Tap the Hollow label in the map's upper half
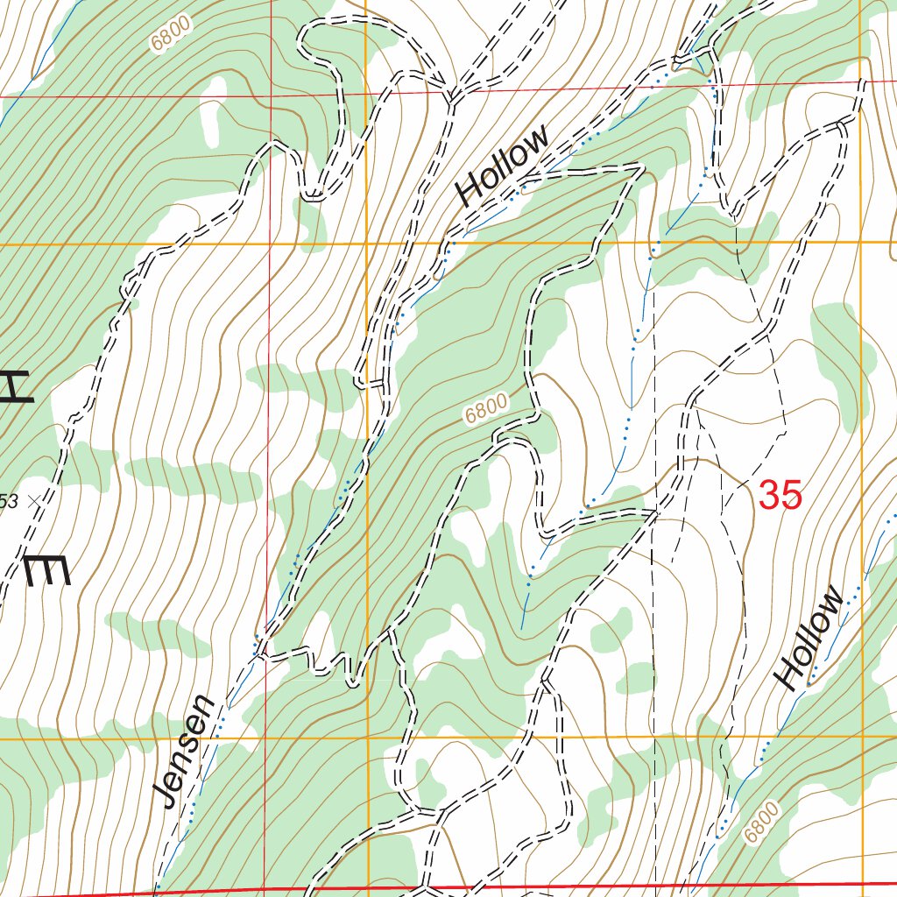tap(503, 164)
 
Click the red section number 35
tap(780, 496)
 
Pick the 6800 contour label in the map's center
tap(486, 409)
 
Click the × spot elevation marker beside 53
tap(34, 501)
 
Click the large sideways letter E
tap(46, 573)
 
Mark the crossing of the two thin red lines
tap(271, 95)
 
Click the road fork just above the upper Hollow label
tap(452, 96)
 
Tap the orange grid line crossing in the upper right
tap(860, 241)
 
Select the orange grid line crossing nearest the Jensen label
tap(366, 738)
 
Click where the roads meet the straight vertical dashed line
tap(655, 511)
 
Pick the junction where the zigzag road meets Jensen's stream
tap(257, 649)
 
